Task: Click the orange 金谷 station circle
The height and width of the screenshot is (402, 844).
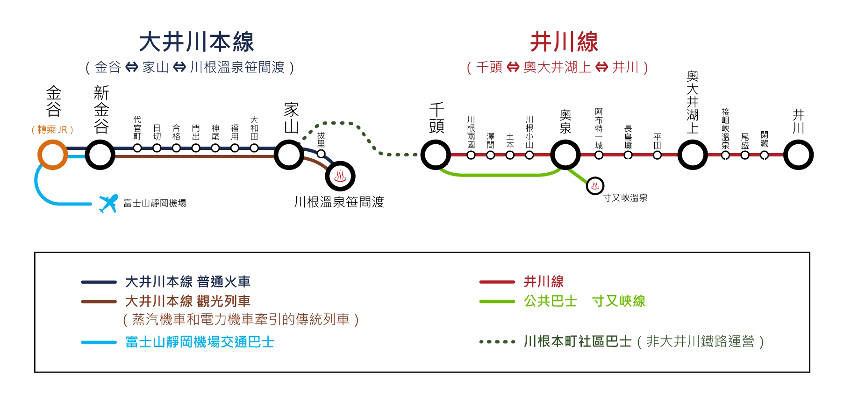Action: [x=52, y=155]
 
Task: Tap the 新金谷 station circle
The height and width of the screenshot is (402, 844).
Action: [x=100, y=155]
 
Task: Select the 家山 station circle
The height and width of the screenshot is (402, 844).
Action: [x=289, y=155]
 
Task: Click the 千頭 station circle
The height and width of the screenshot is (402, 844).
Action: [x=436, y=155]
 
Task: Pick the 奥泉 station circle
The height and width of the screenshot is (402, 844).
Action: [x=565, y=155]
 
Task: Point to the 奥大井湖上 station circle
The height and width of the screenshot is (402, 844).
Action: [x=693, y=155]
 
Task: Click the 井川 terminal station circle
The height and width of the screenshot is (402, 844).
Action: [x=798, y=155]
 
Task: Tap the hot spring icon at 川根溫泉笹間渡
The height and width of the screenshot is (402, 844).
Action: [x=340, y=176]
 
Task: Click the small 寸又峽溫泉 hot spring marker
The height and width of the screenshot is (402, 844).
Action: [x=595, y=186]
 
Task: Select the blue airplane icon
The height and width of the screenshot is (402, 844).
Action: [x=108, y=204]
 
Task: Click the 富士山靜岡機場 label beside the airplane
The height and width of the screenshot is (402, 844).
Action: [x=155, y=203]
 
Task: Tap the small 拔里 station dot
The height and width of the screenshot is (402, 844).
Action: [x=321, y=154]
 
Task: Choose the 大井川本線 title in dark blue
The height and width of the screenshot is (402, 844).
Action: [x=196, y=42]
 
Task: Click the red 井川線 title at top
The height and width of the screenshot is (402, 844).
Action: [x=564, y=42]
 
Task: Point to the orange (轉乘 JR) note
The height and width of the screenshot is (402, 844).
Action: [x=52, y=130]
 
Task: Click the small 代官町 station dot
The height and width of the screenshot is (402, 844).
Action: [x=137, y=148]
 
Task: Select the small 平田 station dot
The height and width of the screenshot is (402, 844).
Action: [x=657, y=155]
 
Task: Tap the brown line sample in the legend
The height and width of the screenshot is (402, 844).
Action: [x=99, y=302]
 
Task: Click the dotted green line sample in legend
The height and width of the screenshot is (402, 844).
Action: [x=497, y=342]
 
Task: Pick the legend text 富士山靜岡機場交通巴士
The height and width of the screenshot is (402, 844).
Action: [x=200, y=342]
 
